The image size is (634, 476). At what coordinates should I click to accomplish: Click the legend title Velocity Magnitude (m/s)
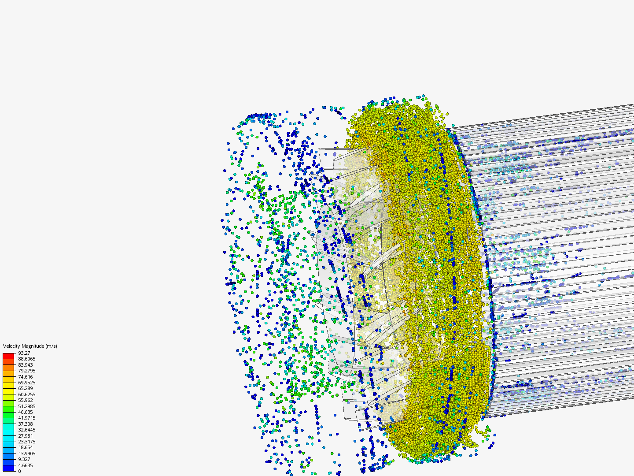click(30, 346)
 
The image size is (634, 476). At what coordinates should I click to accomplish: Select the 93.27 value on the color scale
click(24, 353)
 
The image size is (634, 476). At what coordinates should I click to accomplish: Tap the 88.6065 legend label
click(26, 359)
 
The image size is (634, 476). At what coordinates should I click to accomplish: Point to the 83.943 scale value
click(26, 365)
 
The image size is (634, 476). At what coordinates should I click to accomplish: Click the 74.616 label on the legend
click(26, 377)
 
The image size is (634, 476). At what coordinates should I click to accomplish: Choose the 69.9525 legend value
click(26, 383)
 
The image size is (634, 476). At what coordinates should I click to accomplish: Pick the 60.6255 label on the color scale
click(26, 394)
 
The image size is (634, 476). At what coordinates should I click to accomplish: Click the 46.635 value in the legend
click(26, 412)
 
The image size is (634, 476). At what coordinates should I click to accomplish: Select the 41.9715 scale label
click(26, 418)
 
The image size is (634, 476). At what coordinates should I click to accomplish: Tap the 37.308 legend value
click(26, 424)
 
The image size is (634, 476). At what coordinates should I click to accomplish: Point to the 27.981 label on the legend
click(26, 436)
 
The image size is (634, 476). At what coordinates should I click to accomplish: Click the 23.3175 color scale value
click(26, 442)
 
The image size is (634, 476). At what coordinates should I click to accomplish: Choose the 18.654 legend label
click(26, 447)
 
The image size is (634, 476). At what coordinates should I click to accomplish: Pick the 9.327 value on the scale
click(24, 459)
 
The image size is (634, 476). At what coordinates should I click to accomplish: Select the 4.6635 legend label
click(26, 465)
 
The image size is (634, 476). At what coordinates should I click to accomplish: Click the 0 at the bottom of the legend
click(19, 471)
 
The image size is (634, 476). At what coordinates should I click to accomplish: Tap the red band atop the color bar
click(8, 356)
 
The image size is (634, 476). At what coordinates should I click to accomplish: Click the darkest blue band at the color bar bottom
click(8, 468)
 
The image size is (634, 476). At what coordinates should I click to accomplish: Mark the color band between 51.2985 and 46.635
click(8, 409)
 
